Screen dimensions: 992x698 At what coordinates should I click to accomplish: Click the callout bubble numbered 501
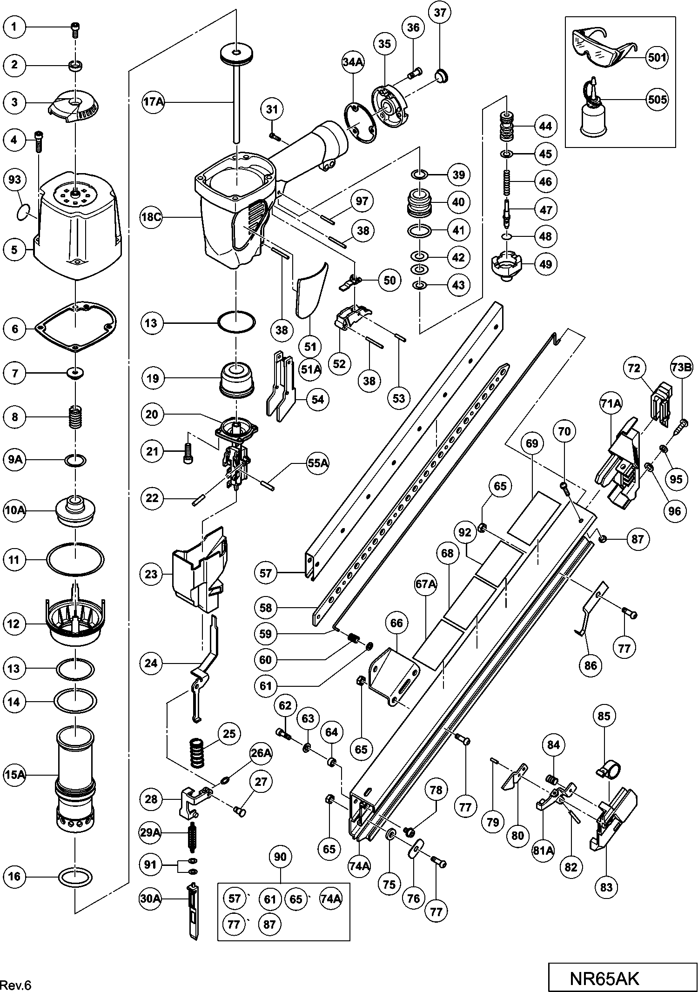(x=657, y=58)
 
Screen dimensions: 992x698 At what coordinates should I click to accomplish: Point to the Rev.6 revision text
(x=16, y=985)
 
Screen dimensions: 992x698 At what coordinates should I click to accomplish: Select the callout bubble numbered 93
(x=15, y=180)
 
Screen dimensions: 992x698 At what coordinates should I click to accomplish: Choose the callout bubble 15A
(x=15, y=775)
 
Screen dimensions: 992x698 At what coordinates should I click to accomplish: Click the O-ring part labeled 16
(x=75, y=877)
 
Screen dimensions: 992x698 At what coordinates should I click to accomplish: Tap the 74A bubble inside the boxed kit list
(x=330, y=899)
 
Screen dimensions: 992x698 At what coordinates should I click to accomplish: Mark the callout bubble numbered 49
(x=545, y=264)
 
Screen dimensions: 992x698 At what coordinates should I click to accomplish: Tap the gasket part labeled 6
(x=76, y=326)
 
